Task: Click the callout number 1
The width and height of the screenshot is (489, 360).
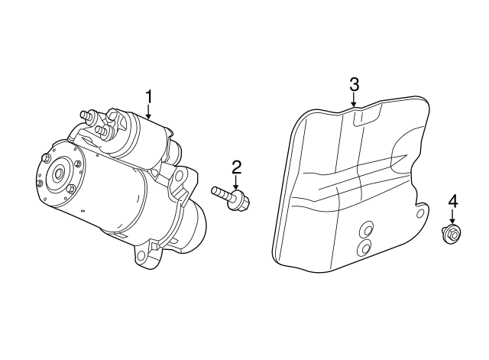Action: (149, 97)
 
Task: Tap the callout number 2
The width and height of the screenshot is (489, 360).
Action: (236, 167)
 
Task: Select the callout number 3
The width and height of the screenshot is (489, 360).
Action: (354, 84)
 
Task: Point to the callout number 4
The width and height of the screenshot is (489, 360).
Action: (453, 201)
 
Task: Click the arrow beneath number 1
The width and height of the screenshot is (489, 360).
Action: (149, 112)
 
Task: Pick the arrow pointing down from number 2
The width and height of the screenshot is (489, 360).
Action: (236, 182)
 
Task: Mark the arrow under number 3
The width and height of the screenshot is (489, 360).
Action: (354, 99)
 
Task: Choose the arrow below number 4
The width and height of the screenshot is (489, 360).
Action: (452, 217)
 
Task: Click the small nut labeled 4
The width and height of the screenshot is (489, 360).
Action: (452, 234)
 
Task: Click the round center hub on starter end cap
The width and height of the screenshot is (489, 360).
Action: (59, 173)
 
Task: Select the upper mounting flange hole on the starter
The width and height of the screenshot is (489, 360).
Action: (179, 175)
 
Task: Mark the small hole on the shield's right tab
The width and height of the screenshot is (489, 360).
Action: (420, 214)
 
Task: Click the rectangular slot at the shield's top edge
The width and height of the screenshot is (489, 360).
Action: (368, 115)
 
